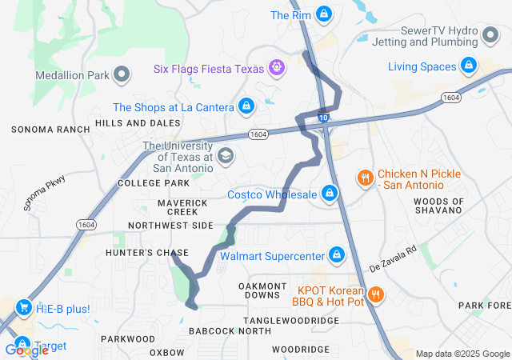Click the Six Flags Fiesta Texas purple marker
277,68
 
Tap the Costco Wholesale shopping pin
329,193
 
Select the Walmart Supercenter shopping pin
337,255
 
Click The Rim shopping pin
323,14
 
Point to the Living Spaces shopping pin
468,66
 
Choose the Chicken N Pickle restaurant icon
364,177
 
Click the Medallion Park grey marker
122,76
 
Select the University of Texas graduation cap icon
226,154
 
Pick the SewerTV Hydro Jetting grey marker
490,34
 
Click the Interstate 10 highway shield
322,118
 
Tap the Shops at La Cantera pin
246,106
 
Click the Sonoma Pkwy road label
44,193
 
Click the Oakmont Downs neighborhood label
262,290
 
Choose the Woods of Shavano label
439,205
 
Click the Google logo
26,350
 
